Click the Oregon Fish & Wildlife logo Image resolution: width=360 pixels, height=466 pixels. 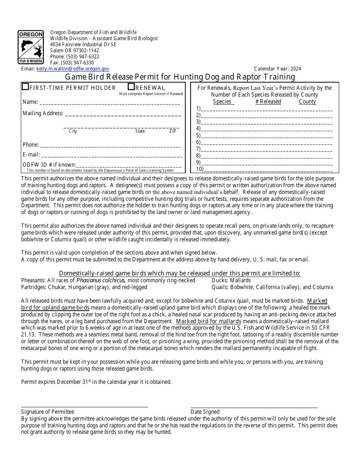tap(31, 47)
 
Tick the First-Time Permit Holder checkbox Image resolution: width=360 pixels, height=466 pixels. tap(25, 87)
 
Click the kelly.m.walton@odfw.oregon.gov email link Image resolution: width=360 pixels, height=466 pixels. tap(73, 69)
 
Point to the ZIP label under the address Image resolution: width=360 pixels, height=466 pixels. tap(172, 131)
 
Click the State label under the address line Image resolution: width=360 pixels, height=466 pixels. tap(140, 131)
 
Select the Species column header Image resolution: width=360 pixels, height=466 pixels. tap(222, 102)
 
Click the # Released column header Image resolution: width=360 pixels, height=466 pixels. tap(268, 102)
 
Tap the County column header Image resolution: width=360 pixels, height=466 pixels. tap(307, 102)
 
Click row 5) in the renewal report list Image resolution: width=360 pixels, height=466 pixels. tap(265, 136)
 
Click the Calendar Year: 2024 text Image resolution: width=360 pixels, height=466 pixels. tap(277, 69)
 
